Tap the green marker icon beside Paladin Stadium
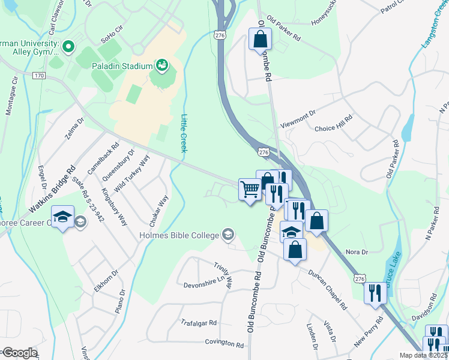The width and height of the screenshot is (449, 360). tap(161, 64)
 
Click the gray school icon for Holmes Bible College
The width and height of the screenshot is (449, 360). tap(228, 234)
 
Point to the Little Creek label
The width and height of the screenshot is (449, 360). tap(184, 133)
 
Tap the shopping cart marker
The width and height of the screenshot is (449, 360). tap(250, 190)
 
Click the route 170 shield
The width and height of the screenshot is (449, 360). tap(39, 76)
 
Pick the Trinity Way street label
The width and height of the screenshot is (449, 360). tap(223, 274)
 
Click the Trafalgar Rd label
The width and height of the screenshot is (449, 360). tap(199, 323)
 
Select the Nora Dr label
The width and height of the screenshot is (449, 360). tap(356, 253)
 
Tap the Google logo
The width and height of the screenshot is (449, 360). tap(19, 353)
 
